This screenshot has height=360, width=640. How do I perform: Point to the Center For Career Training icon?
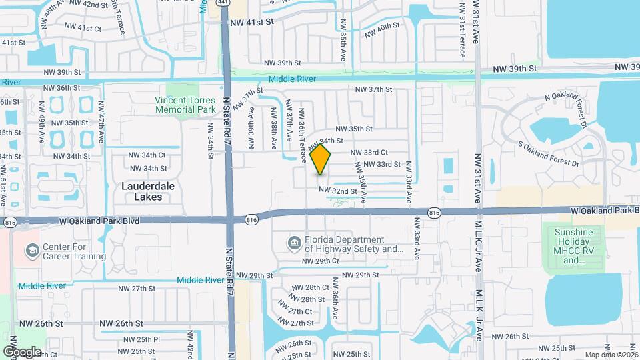click(x=31, y=251)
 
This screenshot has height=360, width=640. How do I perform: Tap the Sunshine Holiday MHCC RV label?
click(x=578, y=246)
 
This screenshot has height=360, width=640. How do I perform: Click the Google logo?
click(x=22, y=351)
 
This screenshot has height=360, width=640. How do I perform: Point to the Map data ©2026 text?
click(x=610, y=355)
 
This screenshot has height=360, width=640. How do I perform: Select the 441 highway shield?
click(x=224, y=3)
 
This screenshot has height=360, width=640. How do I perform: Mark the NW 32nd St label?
click(x=338, y=191)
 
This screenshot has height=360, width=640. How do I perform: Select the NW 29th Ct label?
click(x=321, y=261)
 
